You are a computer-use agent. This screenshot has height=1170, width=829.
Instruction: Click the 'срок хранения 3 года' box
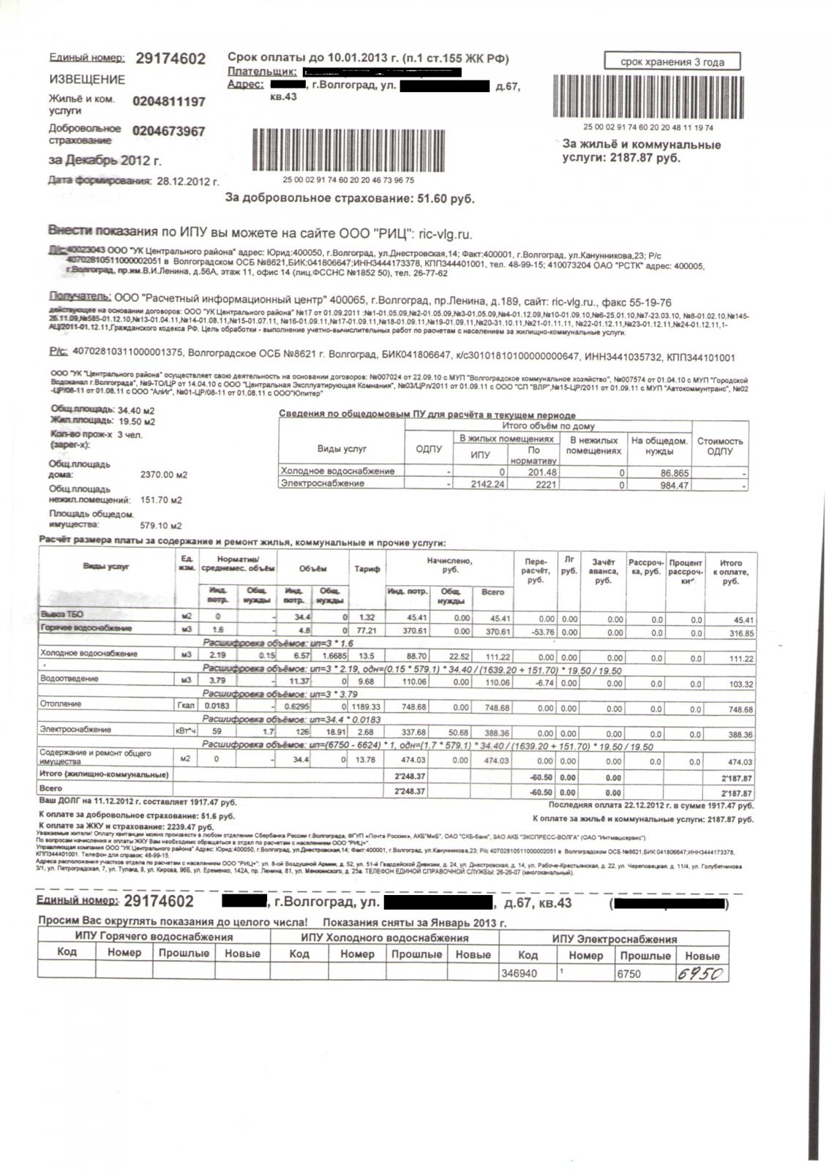672,61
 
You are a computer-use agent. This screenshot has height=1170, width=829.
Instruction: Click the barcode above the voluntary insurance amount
349,151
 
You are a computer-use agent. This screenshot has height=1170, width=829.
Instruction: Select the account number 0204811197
169,102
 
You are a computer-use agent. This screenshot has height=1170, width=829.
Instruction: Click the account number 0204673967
169,132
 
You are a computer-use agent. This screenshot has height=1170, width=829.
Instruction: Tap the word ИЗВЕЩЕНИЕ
87,79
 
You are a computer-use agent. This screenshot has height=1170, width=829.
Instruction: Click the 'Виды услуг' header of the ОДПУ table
341,448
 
